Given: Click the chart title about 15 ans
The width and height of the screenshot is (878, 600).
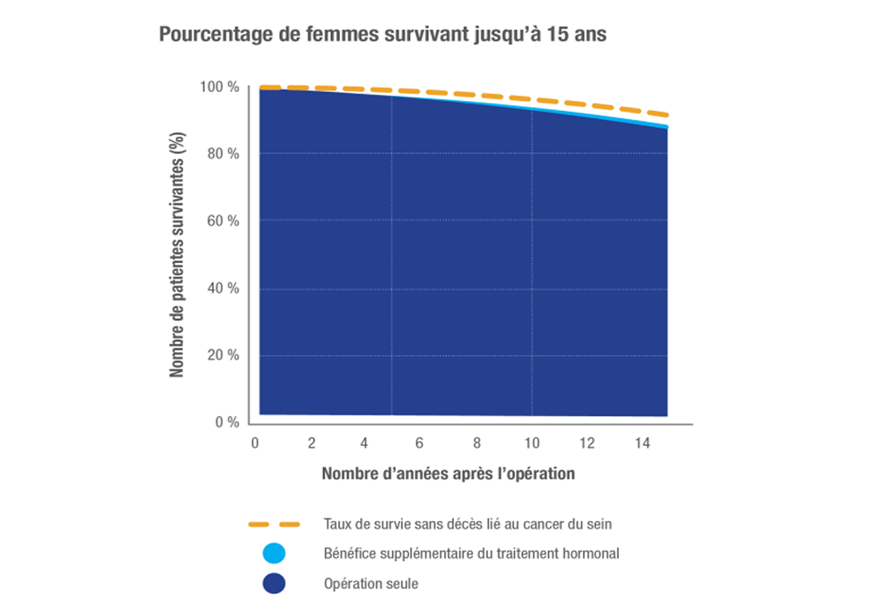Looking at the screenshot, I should click(x=382, y=34).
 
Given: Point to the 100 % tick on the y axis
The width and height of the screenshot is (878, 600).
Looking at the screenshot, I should click(x=219, y=87).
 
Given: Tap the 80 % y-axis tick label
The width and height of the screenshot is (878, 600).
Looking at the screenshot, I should click(x=222, y=154).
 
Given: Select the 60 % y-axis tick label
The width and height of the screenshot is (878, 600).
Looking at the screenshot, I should click(x=222, y=221).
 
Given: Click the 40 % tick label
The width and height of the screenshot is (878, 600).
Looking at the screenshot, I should click(x=222, y=288).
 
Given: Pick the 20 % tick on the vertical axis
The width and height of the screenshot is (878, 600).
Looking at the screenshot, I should click(x=222, y=355).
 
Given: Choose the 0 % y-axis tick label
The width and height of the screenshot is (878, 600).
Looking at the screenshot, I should click(x=226, y=423).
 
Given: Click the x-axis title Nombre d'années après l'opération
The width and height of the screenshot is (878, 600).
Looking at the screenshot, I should click(x=448, y=473).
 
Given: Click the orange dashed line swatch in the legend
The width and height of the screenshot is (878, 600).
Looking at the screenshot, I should click(x=274, y=524).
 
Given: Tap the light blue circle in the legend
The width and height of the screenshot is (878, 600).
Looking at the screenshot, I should click(x=274, y=554).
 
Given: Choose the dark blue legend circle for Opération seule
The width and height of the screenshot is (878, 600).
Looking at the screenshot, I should click(x=274, y=584).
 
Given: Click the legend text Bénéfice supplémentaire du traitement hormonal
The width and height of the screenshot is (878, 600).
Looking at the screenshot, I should click(x=471, y=554).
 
